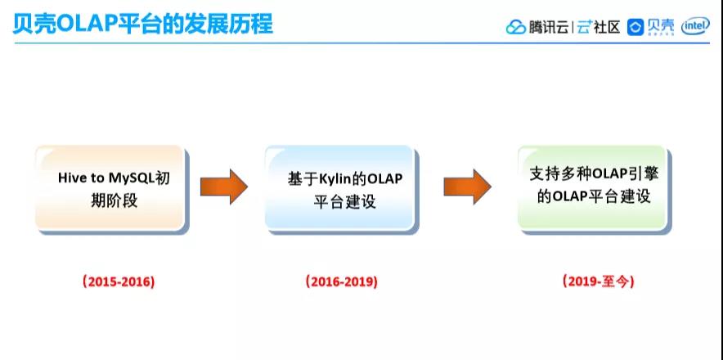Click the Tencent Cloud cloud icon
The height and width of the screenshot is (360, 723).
(515, 27)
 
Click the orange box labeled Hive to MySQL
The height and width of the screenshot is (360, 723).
(110, 187)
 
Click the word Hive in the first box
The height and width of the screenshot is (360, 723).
(73, 178)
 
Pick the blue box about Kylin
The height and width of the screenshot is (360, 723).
(339, 187)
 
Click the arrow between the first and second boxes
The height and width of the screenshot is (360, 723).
(223, 187)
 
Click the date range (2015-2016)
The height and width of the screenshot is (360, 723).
(119, 281)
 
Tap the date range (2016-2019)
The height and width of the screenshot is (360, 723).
(342, 281)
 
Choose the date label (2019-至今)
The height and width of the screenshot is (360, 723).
(599, 281)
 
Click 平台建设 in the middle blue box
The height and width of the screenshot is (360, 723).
(344, 200)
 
